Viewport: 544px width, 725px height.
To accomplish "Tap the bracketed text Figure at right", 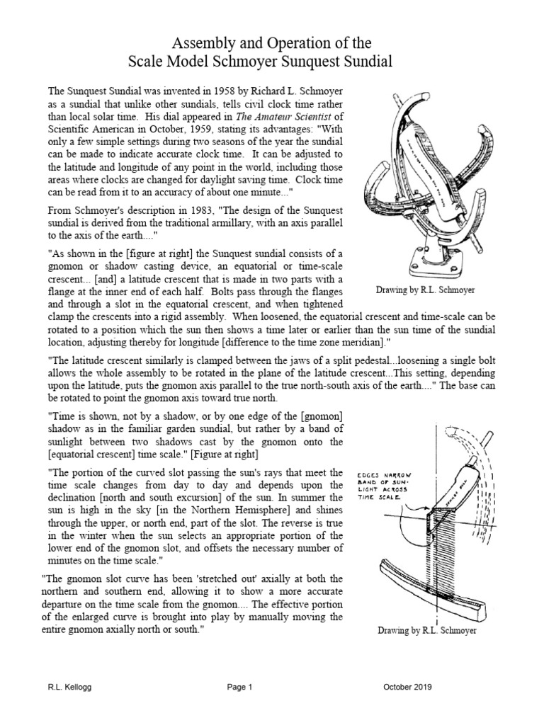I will [225, 453].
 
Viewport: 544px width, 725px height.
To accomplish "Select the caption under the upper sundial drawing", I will [425, 290].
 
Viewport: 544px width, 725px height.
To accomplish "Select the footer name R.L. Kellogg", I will [67, 687].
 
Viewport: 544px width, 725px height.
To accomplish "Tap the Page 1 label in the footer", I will [239, 687].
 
